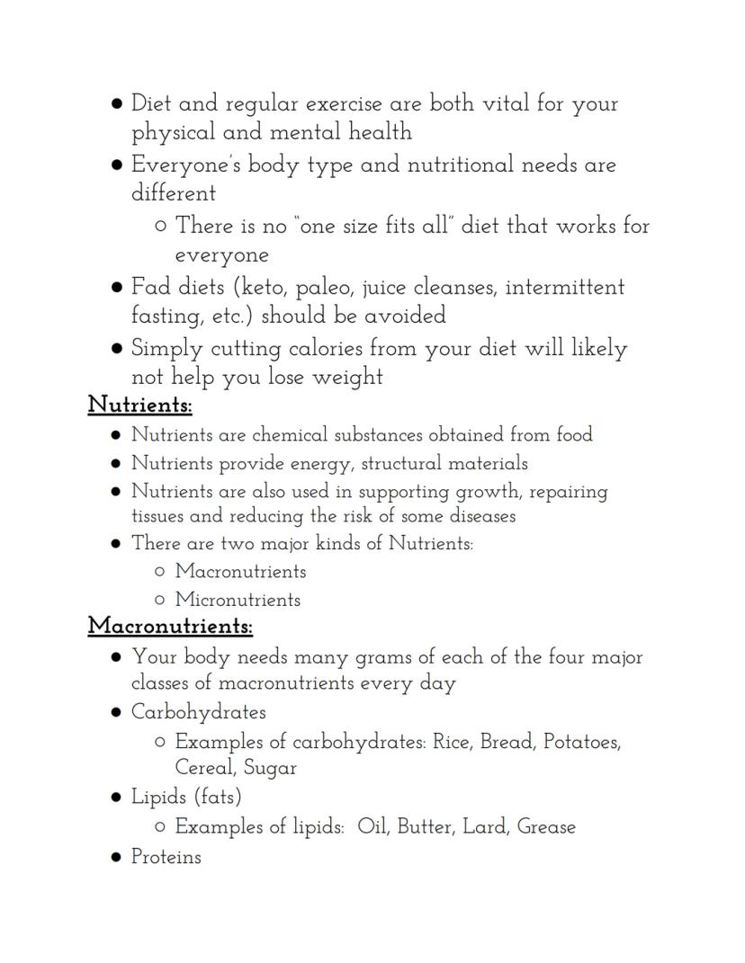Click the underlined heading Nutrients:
click(x=139, y=406)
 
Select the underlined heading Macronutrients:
click(x=170, y=626)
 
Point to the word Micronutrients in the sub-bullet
click(x=238, y=600)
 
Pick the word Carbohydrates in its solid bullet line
click(x=199, y=712)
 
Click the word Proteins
click(x=166, y=857)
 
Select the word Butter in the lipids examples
click(x=425, y=827)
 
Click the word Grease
click(x=546, y=827)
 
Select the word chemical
click(x=290, y=435)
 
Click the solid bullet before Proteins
click(x=116, y=858)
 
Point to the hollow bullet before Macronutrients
click(x=160, y=572)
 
